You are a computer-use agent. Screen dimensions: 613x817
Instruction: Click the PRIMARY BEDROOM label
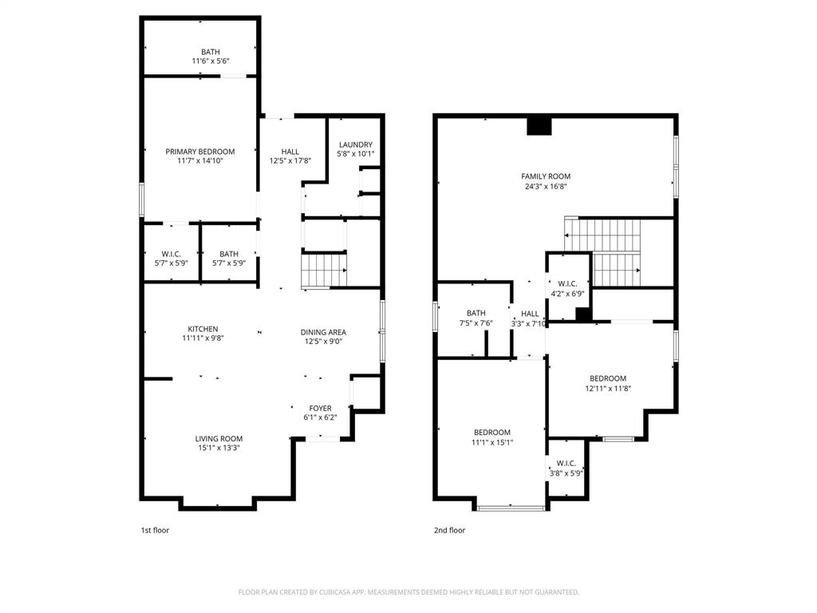[199, 152]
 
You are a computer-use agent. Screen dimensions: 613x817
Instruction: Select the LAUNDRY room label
[355, 144]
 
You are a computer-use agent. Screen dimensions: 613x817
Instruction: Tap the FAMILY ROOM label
[546, 176]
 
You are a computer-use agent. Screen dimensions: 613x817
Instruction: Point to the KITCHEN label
[203, 329]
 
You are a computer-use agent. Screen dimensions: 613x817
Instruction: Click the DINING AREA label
[323, 332]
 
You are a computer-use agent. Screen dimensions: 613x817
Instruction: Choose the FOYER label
[320, 408]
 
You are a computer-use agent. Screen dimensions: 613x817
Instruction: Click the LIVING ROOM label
[219, 438]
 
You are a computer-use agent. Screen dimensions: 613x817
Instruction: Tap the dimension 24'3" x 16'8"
[546, 186]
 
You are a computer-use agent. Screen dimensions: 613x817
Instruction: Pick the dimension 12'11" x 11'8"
[608, 389]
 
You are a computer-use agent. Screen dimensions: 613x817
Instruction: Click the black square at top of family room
[540, 126]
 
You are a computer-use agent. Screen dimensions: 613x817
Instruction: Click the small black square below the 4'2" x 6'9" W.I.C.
[583, 314]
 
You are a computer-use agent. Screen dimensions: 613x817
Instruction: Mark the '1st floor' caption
[155, 530]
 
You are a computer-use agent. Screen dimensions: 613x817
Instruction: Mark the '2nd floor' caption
[450, 530]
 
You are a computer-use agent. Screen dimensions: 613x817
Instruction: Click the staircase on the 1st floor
[324, 269]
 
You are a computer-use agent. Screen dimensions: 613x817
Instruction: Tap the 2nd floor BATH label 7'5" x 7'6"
[476, 313]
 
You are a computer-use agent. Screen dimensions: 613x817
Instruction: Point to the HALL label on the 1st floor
[290, 152]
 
